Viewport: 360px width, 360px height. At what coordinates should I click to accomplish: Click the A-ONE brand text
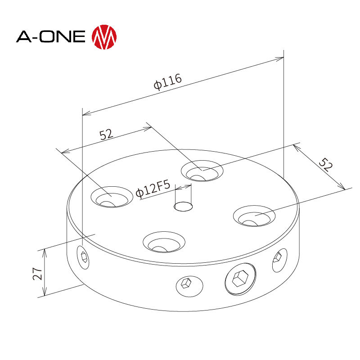(50, 36)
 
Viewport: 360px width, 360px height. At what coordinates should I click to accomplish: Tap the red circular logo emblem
(104, 36)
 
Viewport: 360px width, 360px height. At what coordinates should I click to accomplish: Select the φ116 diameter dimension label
(167, 81)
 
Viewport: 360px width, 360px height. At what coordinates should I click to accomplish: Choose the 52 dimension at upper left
(106, 134)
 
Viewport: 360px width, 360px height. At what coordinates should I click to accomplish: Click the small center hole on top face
(183, 206)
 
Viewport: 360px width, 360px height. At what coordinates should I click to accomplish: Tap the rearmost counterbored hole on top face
(202, 171)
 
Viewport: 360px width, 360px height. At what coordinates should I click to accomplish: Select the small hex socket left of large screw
(185, 284)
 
